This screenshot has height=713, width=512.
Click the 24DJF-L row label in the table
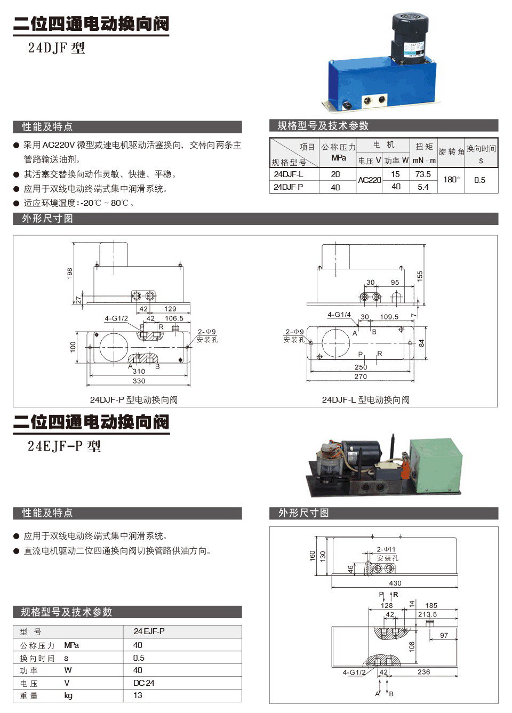click(x=289, y=174)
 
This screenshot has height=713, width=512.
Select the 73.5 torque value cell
click(x=423, y=174)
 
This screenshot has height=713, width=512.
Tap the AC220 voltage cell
click(x=369, y=180)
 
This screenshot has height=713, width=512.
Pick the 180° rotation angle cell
click(x=451, y=180)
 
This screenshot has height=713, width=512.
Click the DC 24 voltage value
click(x=143, y=683)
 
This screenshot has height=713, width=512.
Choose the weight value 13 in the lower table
click(x=138, y=695)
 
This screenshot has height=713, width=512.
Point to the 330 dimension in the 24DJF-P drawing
click(x=139, y=381)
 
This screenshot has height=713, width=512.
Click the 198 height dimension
click(x=70, y=273)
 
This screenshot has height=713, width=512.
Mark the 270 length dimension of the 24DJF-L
click(x=361, y=376)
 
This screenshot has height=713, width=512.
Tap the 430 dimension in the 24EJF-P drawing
click(x=395, y=583)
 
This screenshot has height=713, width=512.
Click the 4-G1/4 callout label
click(x=339, y=315)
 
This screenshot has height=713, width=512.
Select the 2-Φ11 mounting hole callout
click(x=386, y=549)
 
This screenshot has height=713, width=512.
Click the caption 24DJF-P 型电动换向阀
click(x=133, y=400)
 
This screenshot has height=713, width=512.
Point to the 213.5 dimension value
click(x=427, y=614)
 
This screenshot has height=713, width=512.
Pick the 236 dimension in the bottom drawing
click(x=423, y=672)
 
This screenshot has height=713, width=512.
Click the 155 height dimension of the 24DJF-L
click(x=420, y=276)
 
